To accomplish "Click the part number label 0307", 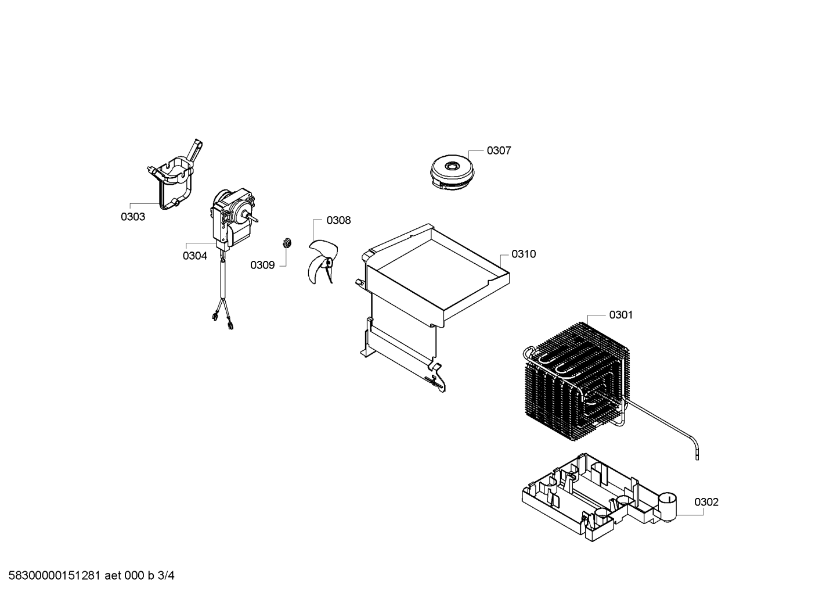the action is [x=499, y=150].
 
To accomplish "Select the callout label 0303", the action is [x=133, y=217].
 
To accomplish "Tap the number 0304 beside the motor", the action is [x=194, y=256].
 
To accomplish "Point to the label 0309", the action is [x=262, y=265].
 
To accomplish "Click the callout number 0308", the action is [x=338, y=221].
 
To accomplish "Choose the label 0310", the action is [x=524, y=254].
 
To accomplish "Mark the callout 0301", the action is [x=620, y=315].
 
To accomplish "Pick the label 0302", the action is [x=706, y=503].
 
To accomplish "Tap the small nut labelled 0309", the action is [x=287, y=243].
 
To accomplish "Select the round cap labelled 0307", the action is [x=452, y=173].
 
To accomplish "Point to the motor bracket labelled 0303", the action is [x=175, y=175].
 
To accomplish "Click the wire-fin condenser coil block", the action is [x=575, y=379].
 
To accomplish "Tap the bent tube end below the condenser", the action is [x=696, y=454].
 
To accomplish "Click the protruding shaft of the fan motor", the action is [x=252, y=217].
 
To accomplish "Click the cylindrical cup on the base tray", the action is [x=667, y=508].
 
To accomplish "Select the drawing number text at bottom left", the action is [x=91, y=576].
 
